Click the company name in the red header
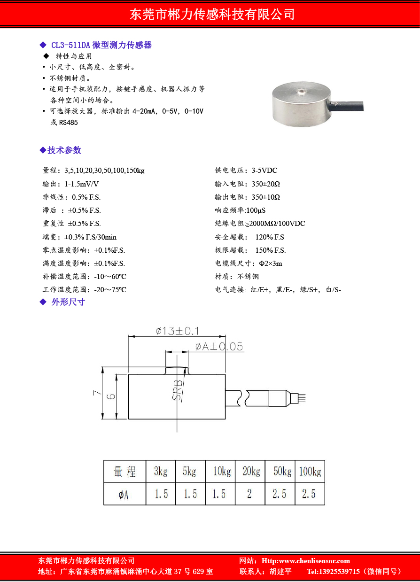click(x=212, y=15)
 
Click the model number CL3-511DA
click(x=70, y=45)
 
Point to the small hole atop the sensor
click(x=299, y=89)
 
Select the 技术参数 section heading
click(x=64, y=150)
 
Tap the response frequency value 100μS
click(x=256, y=210)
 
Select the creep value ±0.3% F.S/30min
click(x=90, y=237)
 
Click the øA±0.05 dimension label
click(x=219, y=347)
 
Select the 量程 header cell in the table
click(x=124, y=472)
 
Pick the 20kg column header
click(x=251, y=472)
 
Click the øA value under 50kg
click(x=280, y=494)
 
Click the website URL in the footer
click(x=305, y=561)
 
